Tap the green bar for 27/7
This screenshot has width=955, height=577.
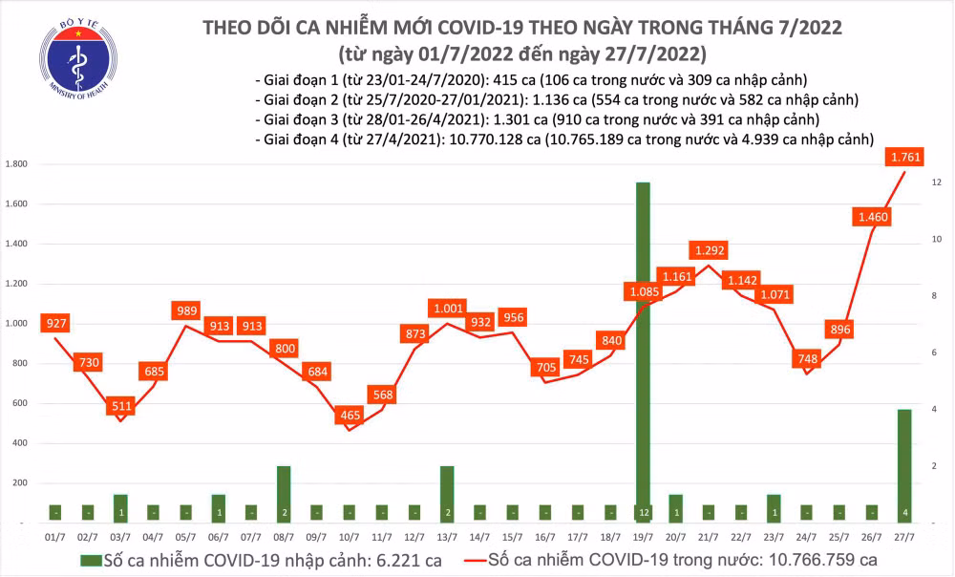[902, 465]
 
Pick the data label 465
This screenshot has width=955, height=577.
[350, 416]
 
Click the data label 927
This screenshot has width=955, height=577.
[56, 324]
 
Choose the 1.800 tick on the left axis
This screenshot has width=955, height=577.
[15, 164]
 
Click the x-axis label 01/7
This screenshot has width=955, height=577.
[56, 537]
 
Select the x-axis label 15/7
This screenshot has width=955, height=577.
[512, 537]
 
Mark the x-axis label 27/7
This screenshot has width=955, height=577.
[902, 537]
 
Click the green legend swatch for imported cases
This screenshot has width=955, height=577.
[92, 559]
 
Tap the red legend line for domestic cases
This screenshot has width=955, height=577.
[462, 559]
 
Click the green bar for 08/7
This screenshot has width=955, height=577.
[284, 494]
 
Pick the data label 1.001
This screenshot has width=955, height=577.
[447, 309]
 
